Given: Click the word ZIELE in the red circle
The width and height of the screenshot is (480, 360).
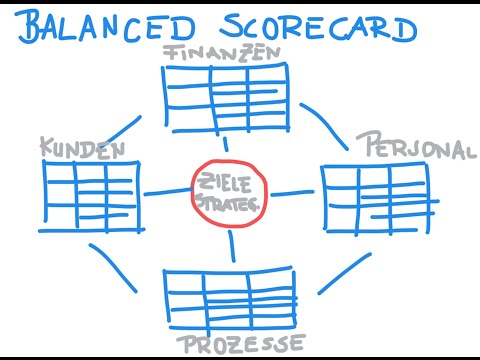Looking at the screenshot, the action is click(x=231, y=182).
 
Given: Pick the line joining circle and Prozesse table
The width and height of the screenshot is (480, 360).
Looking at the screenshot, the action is click(x=232, y=247).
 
